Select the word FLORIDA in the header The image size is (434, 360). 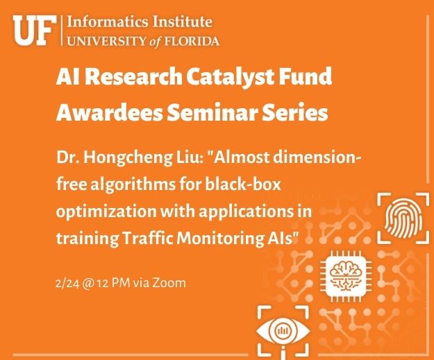click(192, 42)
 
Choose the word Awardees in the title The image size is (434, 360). click(109, 112)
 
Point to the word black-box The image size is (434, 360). click(243, 184)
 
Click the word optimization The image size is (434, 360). click(106, 212)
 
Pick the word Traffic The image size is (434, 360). click(147, 238)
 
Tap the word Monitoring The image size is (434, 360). click(220, 239)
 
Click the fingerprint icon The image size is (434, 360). click(403, 218)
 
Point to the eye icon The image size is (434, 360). click(283, 331)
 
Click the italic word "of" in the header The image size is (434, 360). click(155, 42)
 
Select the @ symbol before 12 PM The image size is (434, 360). click(88, 284)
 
